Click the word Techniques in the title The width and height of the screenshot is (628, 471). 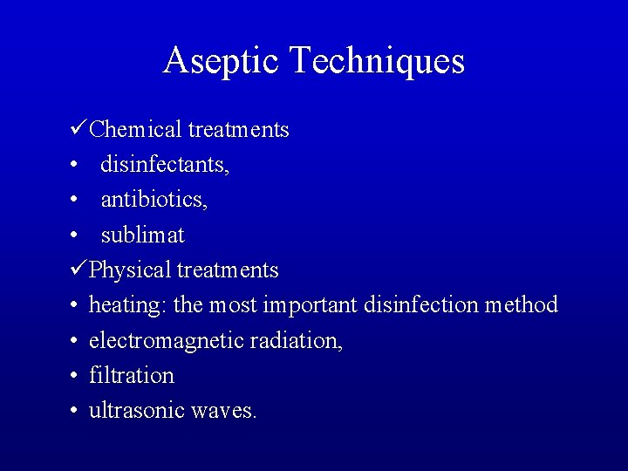376,61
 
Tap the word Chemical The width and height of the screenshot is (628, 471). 135,130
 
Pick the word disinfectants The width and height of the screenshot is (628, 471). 165,165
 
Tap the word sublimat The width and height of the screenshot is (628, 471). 143,235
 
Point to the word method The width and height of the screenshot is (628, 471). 521,305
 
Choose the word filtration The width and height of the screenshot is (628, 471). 132,376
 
